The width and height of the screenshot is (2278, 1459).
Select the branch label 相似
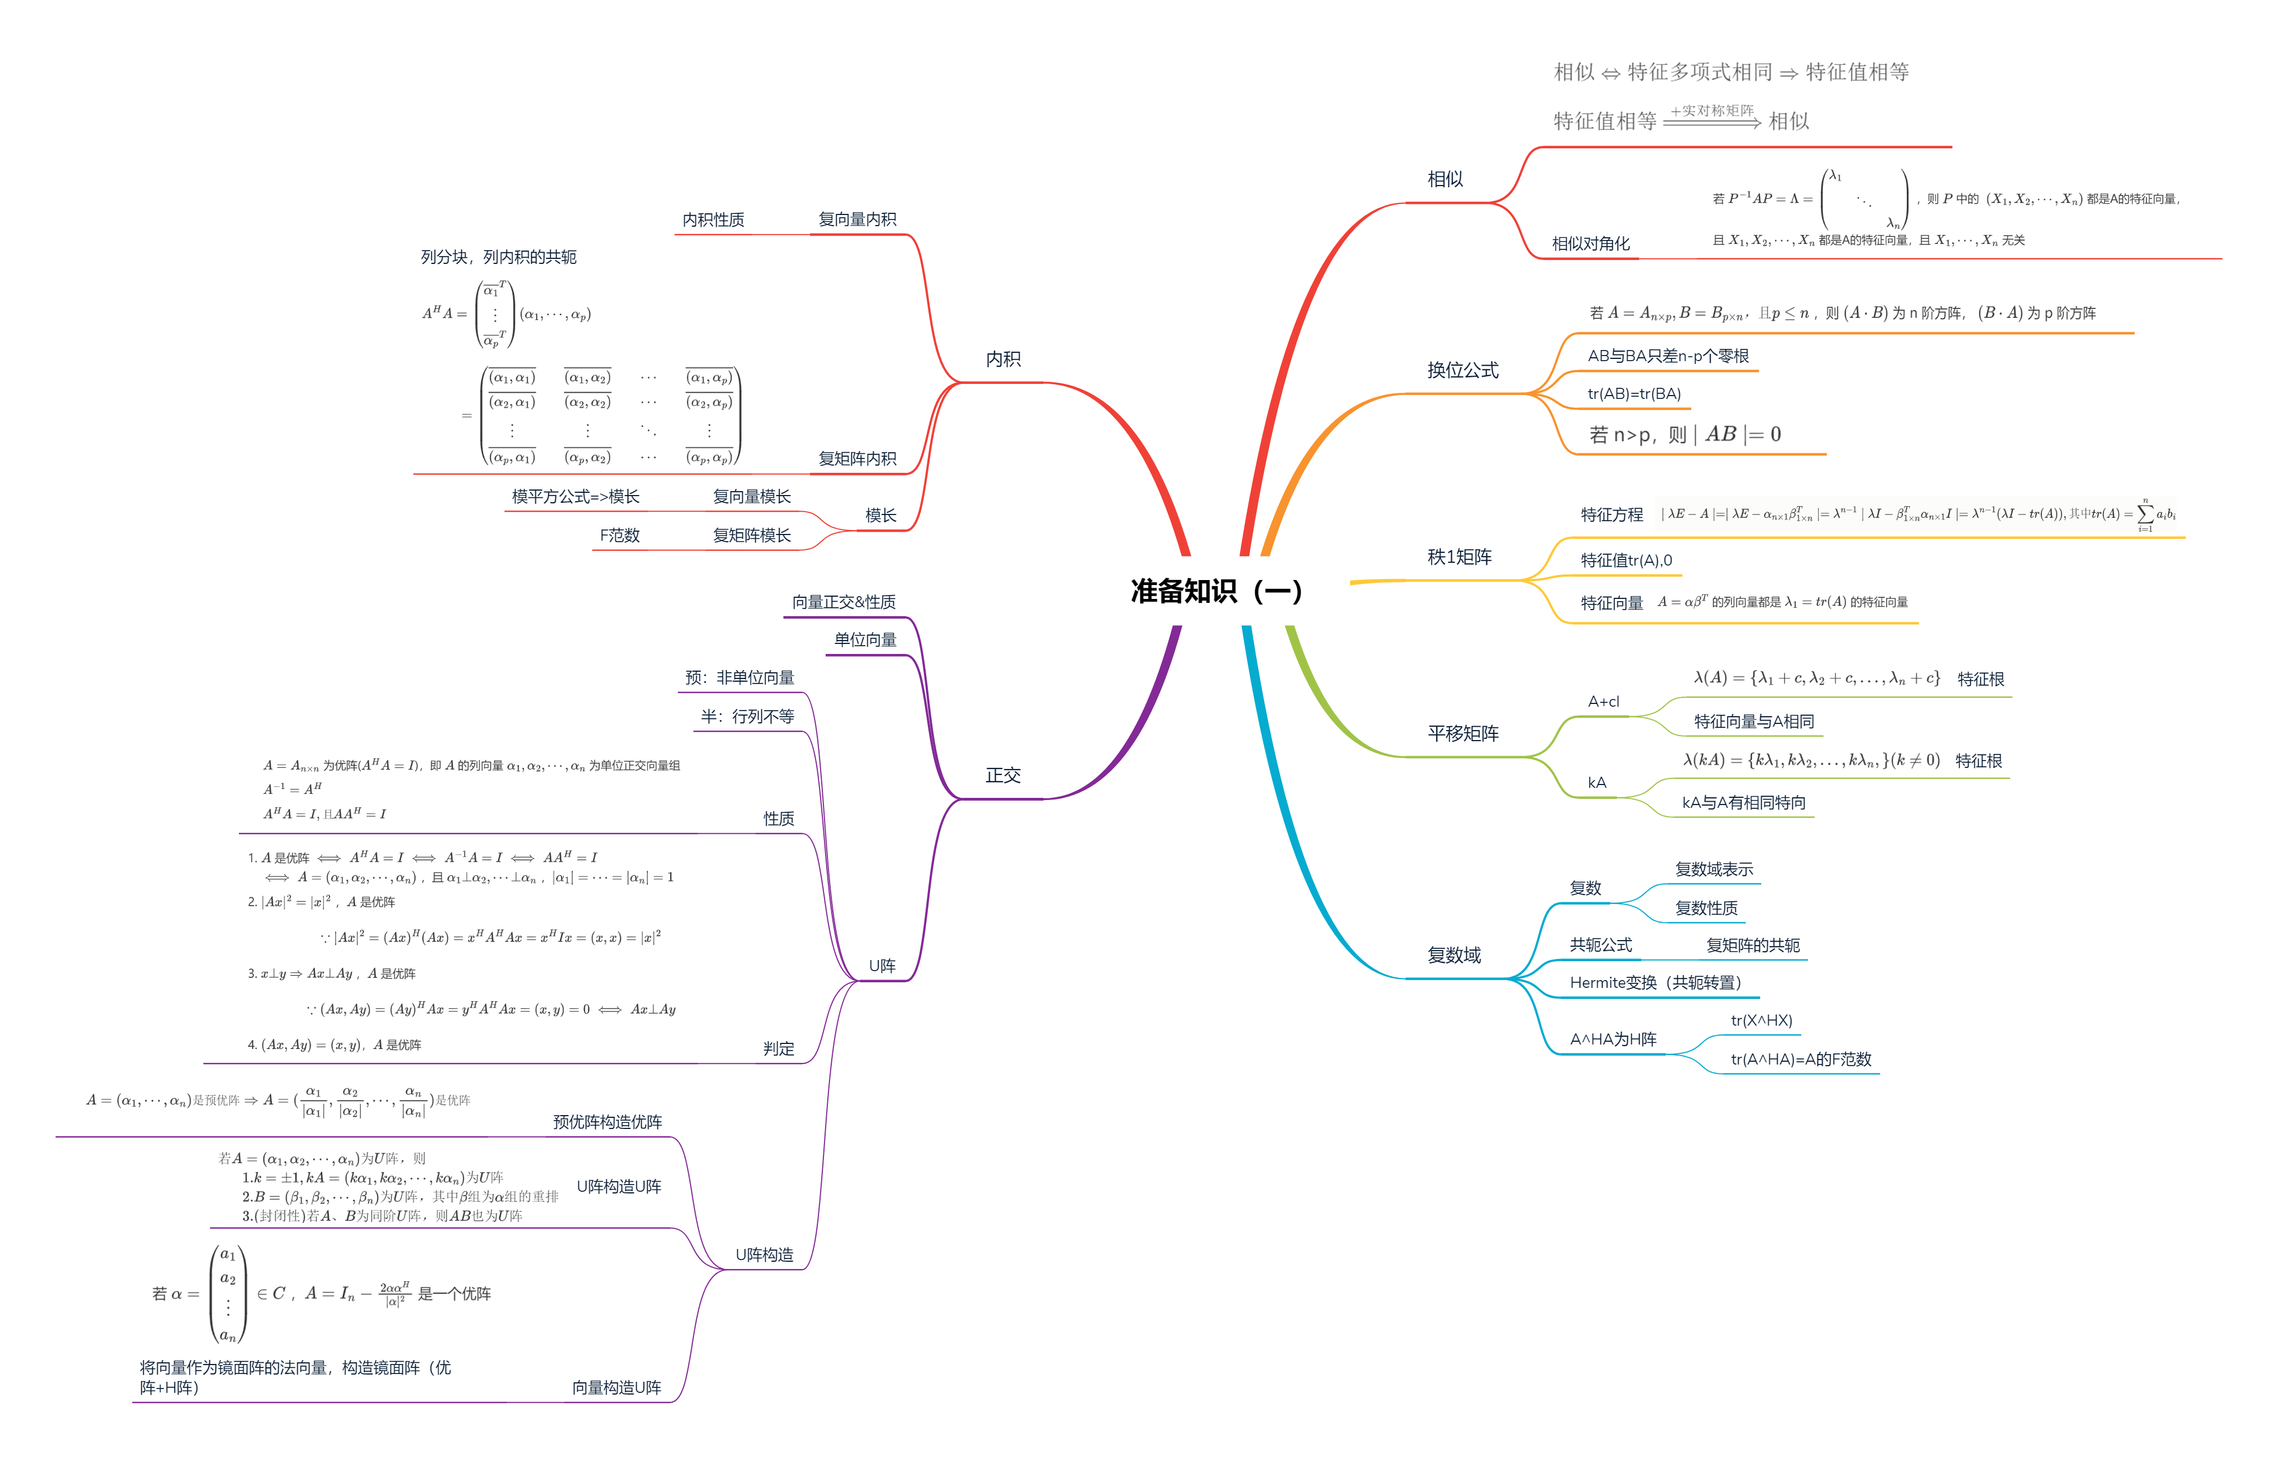1445,179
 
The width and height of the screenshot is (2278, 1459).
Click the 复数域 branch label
1454,955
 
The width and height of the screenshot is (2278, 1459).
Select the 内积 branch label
1002,359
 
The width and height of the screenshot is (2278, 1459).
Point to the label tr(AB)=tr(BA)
1634,394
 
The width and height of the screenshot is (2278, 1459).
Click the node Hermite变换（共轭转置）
1655,982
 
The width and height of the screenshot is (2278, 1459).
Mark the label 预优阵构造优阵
607,1122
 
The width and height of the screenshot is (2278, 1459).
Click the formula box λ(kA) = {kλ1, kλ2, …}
1812,760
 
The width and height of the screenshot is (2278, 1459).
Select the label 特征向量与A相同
1754,721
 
